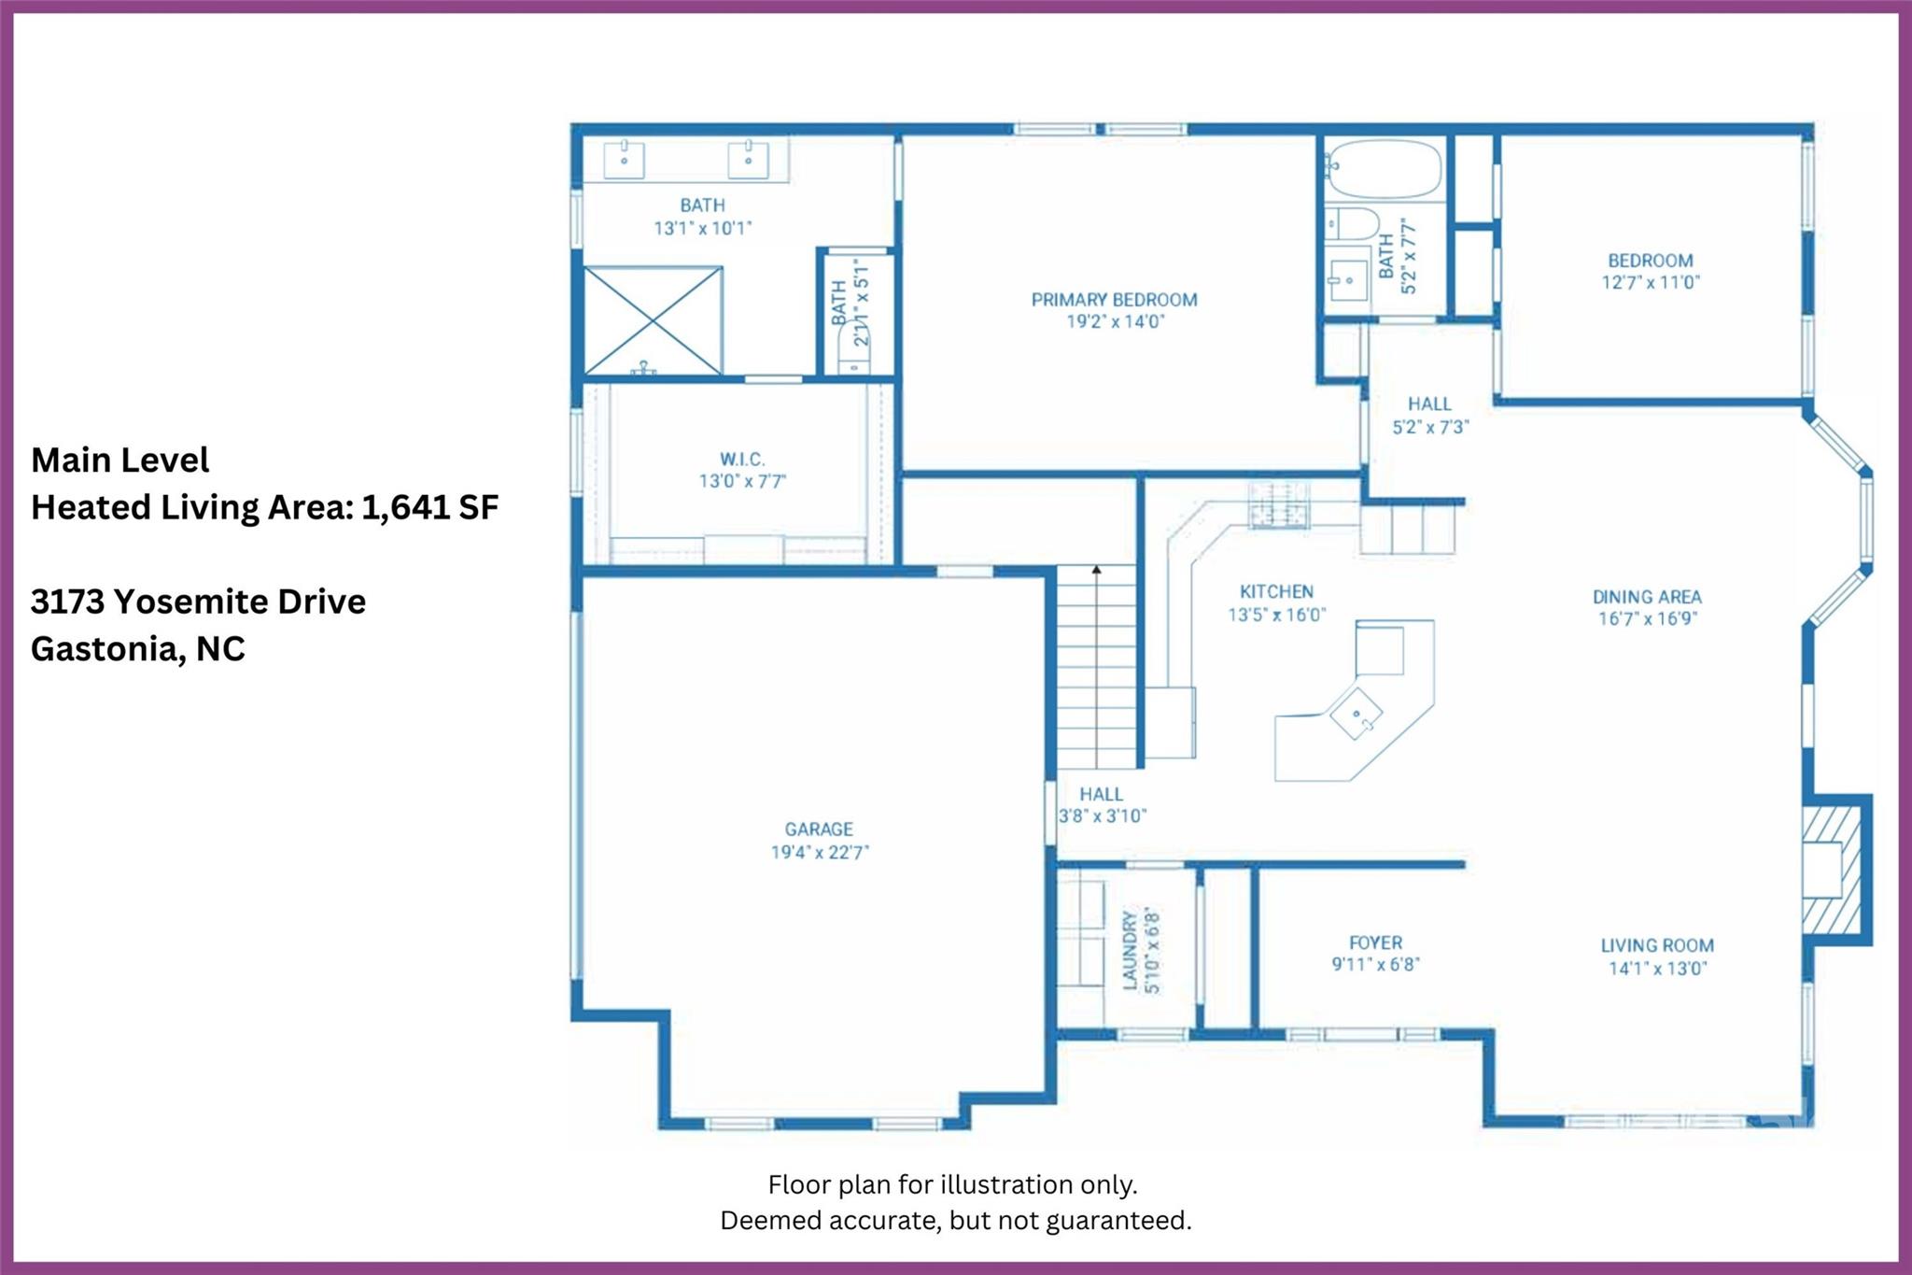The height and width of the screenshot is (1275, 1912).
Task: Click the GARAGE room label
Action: [819, 829]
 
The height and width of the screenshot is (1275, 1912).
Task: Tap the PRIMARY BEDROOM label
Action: [1114, 300]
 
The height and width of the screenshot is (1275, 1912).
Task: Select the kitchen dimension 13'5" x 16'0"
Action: [1276, 615]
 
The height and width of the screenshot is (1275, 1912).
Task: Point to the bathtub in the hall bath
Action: [1383, 169]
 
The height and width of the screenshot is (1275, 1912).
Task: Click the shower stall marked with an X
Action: [654, 320]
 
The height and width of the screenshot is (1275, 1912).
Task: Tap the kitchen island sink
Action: [1357, 714]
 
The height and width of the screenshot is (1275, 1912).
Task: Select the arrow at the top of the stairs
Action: [1097, 568]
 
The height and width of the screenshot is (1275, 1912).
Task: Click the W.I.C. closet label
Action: [742, 460]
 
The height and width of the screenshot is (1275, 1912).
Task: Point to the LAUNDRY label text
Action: [1130, 951]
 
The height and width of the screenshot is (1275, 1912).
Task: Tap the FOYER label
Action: [1375, 942]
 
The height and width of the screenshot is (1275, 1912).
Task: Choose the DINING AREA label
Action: [1647, 597]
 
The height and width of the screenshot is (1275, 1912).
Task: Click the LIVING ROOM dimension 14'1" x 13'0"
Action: [1657, 969]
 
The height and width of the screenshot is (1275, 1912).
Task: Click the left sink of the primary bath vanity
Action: [624, 159]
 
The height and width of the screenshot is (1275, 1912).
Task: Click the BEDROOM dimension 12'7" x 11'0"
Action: [1651, 282]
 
